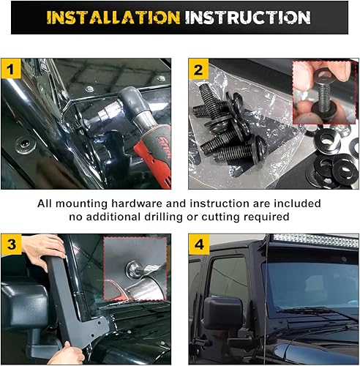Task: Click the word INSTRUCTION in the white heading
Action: click(247, 17)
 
